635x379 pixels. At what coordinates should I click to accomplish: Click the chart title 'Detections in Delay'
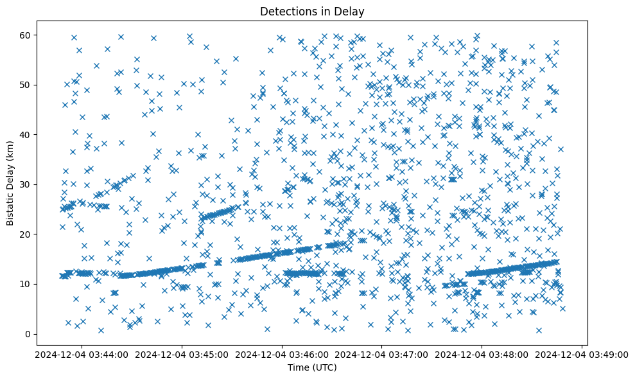pyautogui.click(x=312, y=11)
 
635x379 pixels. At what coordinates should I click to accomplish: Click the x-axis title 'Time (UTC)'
pyautogui.click(x=312, y=367)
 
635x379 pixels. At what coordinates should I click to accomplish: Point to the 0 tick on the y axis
pyautogui.click(x=28, y=334)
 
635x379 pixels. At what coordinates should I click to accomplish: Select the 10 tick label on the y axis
pyautogui.click(x=25, y=284)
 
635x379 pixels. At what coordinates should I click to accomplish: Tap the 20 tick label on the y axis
pyautogui.click(x=25, y=234)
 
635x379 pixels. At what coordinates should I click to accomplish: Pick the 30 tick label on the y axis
pyautogui.click(x=25, y=184)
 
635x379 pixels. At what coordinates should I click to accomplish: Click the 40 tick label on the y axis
pyautogui.click(x=25, y=134)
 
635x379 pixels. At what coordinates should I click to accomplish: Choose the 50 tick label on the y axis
pyautogui.click(x=25, y=85)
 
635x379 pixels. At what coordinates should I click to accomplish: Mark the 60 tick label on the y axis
pyautogui.click(x=25, y=35)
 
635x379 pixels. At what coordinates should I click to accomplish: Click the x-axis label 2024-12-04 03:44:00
pyautogui.click(x=82, y=353)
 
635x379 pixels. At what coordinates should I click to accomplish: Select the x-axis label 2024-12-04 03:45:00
pyautogui.click(x=182, y=353)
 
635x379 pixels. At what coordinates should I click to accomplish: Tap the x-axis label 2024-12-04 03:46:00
pyautogui.click(x=282, y=353)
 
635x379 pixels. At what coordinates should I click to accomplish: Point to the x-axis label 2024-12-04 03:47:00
pyautogui.click(x=382, y=353)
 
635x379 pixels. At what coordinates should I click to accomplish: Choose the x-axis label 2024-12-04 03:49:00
pyautogui.click(x=582, y=353)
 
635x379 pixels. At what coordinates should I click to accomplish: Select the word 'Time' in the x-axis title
pyautogui.click(x=299, y=367)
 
